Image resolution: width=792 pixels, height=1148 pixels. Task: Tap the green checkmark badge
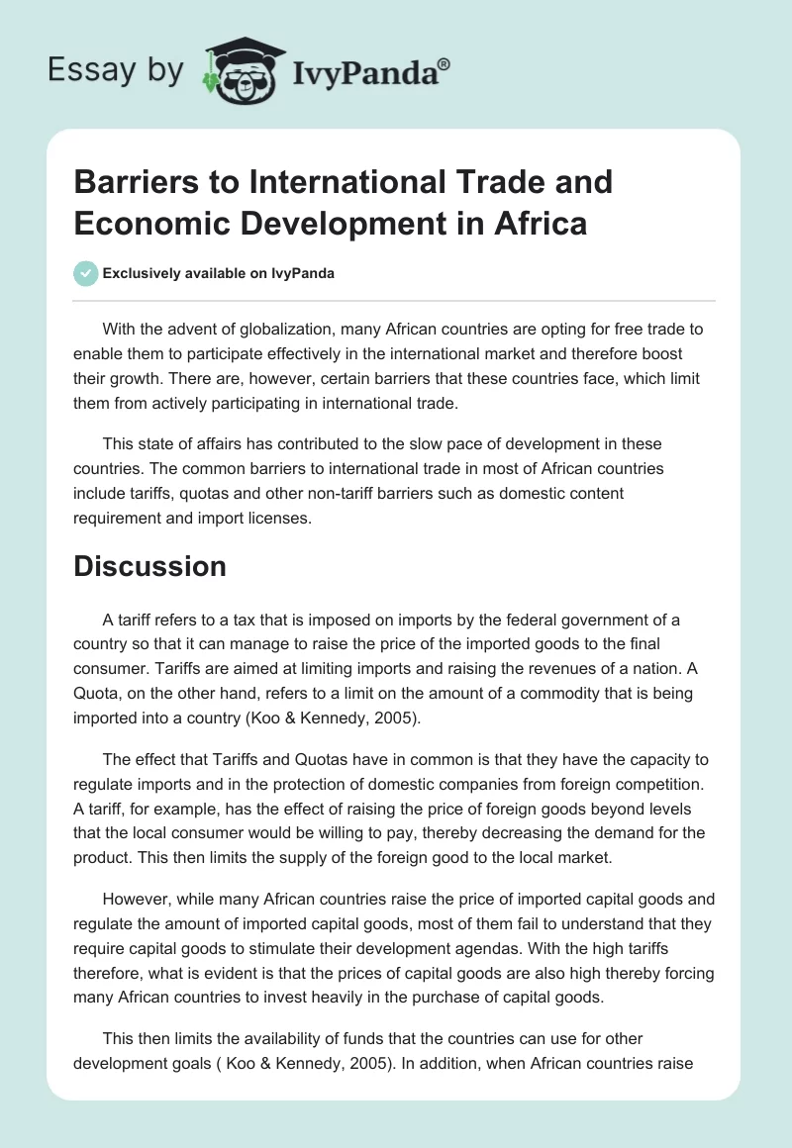tap(86, 273)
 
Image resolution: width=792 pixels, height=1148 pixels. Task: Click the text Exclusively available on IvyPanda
tap(218, 274)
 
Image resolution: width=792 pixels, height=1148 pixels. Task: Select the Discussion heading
tap(150, 566)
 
